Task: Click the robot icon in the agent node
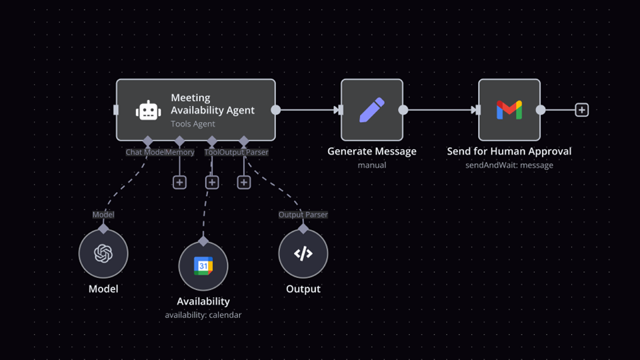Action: pyautogui.click(x=148, y=111)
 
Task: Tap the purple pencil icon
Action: pyautogui.click(x=371, y=110)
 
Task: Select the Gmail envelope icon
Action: pyautogui.click(x=509, y=110)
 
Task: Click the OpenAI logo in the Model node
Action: pyautogui.click(x=103, y=253)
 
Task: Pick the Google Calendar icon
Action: pyautogui.click(x=203, y=266)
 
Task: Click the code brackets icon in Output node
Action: pyautogui.click(x=303, y=253)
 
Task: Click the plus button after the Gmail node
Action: pyautogui.click(x=582, y=110)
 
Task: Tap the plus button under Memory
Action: pyautogui.click(x=179, y=182)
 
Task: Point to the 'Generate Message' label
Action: pyautogui.click(x=372, y=151)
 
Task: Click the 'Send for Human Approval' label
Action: pyautogui.click(x=509, y=151)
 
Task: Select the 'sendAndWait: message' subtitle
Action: pyautogui.click(x=509, y=165)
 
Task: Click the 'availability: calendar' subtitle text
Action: pyautogui.click(x=203, y=315)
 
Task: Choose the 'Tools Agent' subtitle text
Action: pyautogui.click(x=193, y=124)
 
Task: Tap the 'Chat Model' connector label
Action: pyautogui.click(x=145, y=152)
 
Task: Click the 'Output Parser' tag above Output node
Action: pyautogui.click(x=303, y=215)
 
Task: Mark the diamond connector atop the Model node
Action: pyautogui.click(x=103, y=229)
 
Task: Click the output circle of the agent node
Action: pyautogui.click(x=275, y=110)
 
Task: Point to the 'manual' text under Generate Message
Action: pyautogui.click(x=372, y=165)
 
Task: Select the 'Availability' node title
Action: pyautogui.click(x=203, y=301)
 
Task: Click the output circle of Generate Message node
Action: pyautogui.click(x=403, y=110)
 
